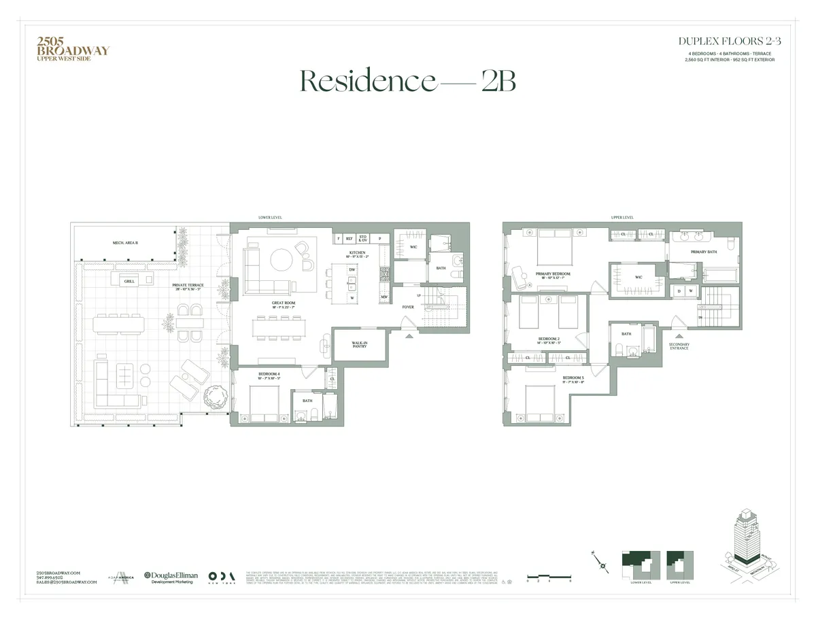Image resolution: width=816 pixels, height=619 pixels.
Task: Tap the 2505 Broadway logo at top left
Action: (x=71, y=49)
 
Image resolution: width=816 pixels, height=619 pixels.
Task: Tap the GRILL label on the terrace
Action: (x=129, y=280)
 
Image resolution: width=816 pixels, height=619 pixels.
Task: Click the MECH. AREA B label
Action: (x=126, y=243)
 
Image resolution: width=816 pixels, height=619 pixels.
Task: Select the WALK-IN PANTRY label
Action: (x=360, y=345)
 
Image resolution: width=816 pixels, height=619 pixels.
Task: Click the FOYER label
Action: (x=408, y=307)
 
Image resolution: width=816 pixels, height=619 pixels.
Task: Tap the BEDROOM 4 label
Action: (x=269, y=374)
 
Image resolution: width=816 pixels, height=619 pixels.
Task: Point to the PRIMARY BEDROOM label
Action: (x=552, y=274)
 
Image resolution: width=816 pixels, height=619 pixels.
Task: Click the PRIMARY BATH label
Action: (x=704, y=252)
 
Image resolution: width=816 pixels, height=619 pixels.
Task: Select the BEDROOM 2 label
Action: (x=549, y=339)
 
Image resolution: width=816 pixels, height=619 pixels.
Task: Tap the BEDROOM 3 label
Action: (x=573, y=378)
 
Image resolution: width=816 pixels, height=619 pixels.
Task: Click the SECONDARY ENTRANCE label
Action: (x=679, y=346)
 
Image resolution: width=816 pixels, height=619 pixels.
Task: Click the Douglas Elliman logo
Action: (x=170, y=577)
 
